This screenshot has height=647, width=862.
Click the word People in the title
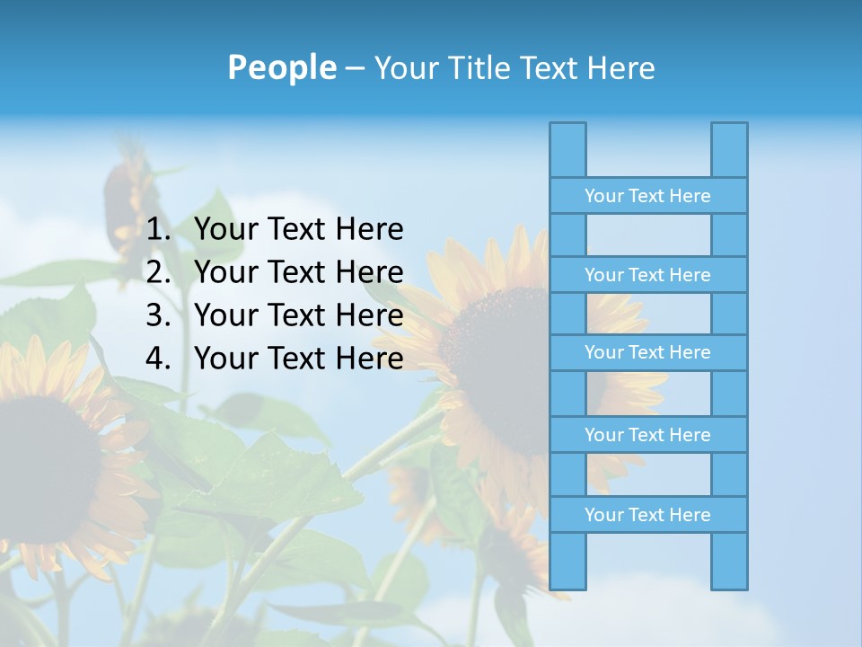tap(281, 67)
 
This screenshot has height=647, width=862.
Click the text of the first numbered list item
tap(298, 230)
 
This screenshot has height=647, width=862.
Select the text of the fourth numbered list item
tap(298, 359)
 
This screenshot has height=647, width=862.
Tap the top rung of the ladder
tap(647, 196)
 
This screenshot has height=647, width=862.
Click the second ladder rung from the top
tap(647, 275)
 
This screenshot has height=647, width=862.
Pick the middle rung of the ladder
tap(647, 352)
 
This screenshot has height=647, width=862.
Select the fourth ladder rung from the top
tap(647, 435)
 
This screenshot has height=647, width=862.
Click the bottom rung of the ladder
tap(647, 515)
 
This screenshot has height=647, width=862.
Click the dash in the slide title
tap(354, 68)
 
